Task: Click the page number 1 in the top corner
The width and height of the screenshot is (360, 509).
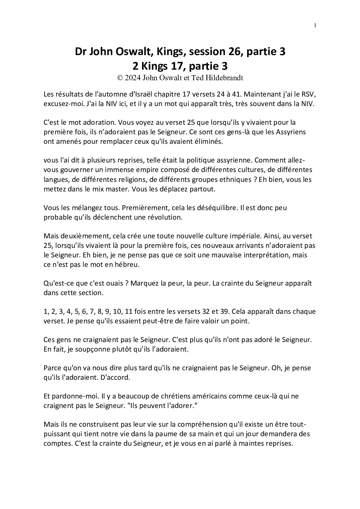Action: click(315, 25)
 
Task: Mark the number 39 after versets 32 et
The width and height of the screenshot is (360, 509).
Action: click(241, 311)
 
